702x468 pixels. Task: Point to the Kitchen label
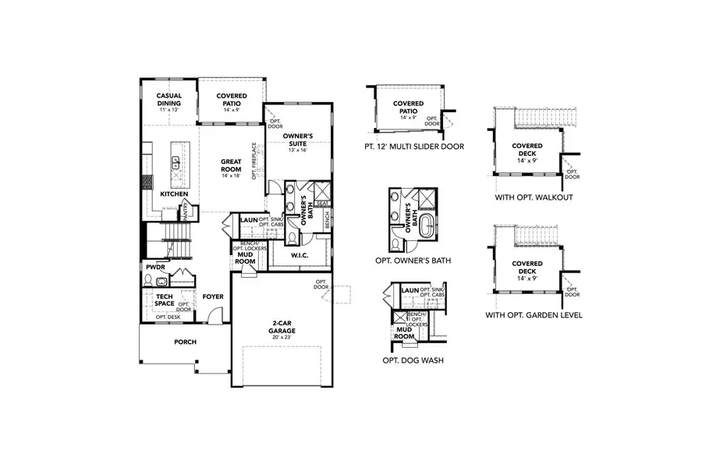pos(174,193)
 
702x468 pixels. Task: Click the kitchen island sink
pos(175,162)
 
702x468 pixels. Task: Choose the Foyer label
pos(213,296)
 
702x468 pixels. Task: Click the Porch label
pos(185,342)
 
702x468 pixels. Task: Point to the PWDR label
pos(154,267)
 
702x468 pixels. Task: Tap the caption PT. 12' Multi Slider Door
pos(413,146)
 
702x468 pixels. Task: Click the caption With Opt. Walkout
pos(534,197)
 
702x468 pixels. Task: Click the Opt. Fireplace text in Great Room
pos(254,161)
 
